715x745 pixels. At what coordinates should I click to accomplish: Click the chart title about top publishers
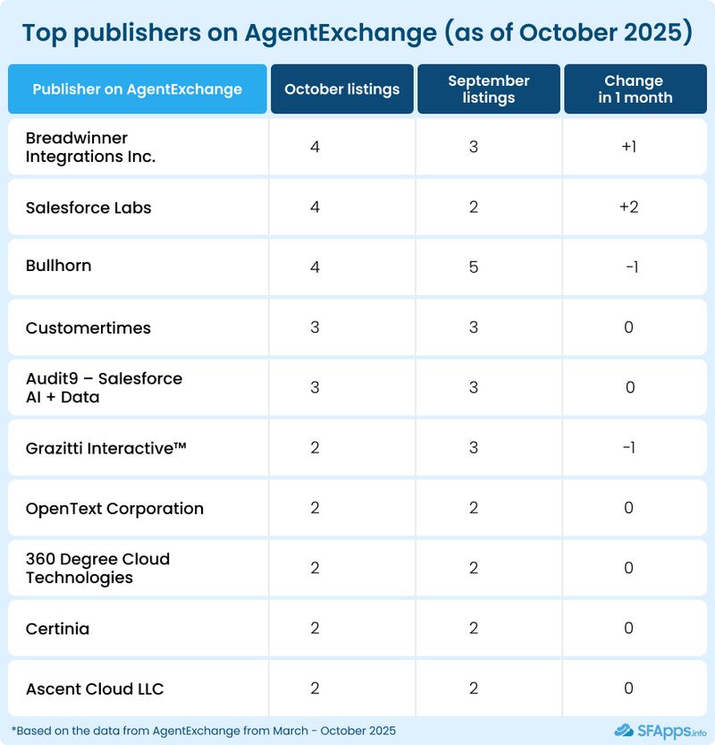(357, 33)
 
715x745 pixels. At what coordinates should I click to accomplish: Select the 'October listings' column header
(341, 89)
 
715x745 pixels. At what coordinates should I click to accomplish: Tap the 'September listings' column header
(489, 89)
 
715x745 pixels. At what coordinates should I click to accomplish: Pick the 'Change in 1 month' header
(635, 89)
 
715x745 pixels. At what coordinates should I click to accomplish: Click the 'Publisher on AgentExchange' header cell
(137, 89)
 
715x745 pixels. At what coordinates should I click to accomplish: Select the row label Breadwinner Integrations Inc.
(90, 148)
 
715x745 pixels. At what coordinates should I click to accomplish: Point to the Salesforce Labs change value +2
(628, 207)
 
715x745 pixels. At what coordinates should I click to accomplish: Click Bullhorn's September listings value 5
(474, 267)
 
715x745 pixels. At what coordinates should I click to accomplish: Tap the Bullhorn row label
(59, 267)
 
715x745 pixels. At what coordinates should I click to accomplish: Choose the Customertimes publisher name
(88, 327)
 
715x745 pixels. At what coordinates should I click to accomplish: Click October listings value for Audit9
(315, 387)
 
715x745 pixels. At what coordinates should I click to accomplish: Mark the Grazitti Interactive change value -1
(628, 447)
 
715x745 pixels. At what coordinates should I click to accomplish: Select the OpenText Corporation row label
(114, 508)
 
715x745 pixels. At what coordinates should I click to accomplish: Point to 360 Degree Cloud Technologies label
(97, 568)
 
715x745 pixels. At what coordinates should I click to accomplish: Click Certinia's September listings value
(474, 629)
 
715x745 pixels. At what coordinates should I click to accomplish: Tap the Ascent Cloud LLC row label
(95, 689)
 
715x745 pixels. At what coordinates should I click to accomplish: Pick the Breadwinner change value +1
(628, 147)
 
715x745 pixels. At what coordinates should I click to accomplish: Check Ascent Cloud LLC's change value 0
(628, 689)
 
